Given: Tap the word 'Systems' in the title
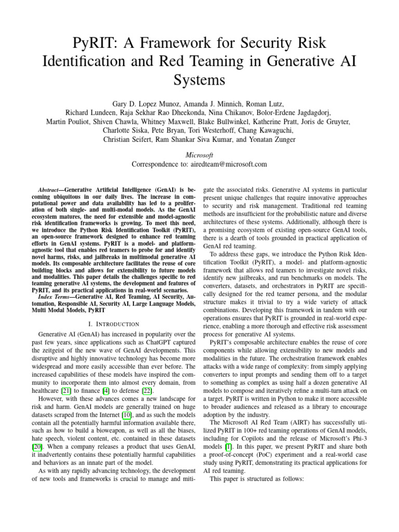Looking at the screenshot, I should pyautogui.click(x=199, y=81).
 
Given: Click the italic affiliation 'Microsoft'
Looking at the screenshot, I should pyautogui.click(x=199, y=154).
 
